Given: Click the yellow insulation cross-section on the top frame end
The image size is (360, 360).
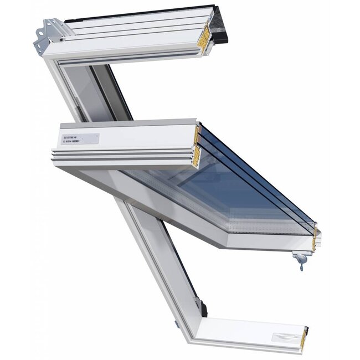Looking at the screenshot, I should pyautogui.click(x=204, y=36).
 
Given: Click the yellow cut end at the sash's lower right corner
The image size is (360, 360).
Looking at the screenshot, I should pyautogui.click(x=316, y=238).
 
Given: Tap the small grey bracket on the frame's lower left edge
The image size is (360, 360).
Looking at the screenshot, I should pyautogui.click(x=176, y=324).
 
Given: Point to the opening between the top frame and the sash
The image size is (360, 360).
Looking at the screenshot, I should pyautogui.click(x=100, y=91).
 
